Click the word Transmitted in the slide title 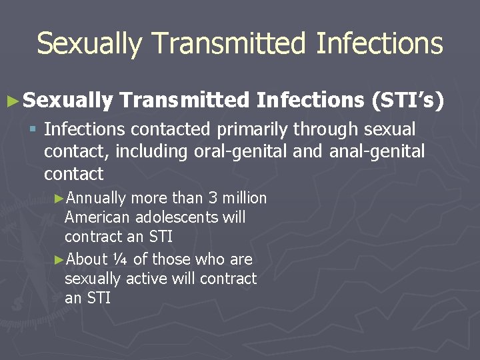pyautogui.click(x=229, y=44)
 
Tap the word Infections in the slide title pyautogui.click(x=379, y=44)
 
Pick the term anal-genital pyautogui.click(x=377, y=151)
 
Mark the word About pyautogui.click(x=88, y=259)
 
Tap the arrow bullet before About pyautogui.click(x=59, y=259)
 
